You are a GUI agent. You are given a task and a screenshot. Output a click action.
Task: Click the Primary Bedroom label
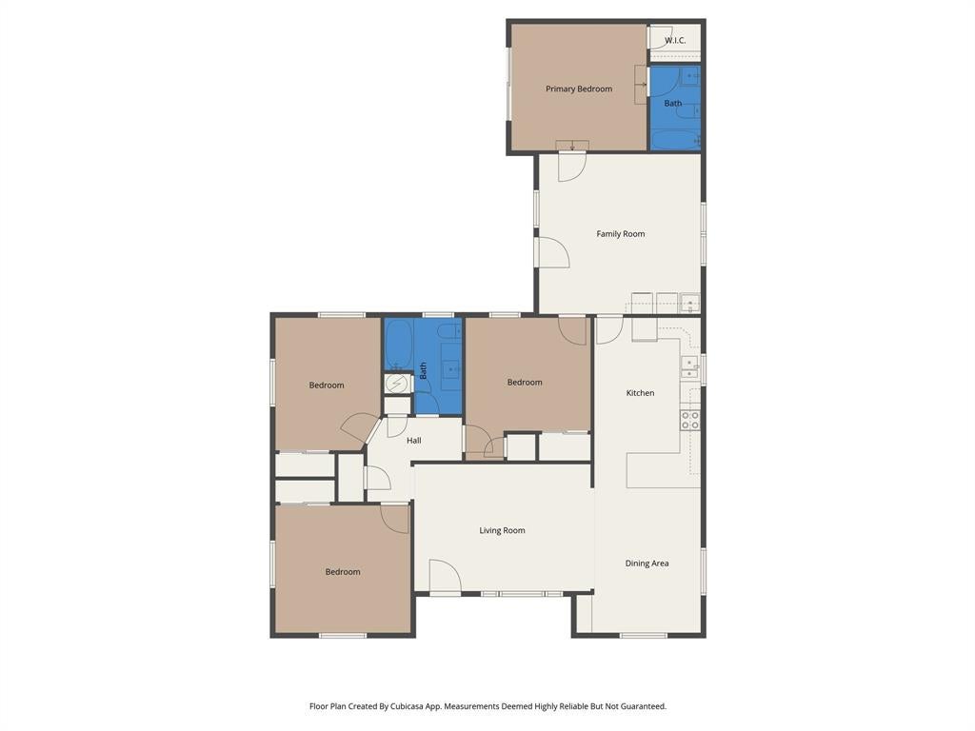coord(579,89)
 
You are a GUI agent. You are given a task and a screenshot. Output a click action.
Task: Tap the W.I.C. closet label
coord(675,40)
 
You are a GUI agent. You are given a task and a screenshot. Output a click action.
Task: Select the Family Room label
coord(621,234)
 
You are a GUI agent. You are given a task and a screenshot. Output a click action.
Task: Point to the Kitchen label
coord(640,393)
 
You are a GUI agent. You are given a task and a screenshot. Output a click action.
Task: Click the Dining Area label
coord(647,563)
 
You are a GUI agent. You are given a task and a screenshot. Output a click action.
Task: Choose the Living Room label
coord(502,530)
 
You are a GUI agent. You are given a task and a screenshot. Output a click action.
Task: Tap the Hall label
coord(413,440)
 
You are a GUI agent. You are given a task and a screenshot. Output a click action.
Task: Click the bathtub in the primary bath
coord(675,139)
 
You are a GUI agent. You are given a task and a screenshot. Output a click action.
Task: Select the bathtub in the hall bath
coord(398,345)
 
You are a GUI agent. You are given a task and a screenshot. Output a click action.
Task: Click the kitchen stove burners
coord(689,420)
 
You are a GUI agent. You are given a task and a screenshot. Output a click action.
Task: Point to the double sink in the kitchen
coord(689,367)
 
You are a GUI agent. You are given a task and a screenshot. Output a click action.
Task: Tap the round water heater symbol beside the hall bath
coord(396,385)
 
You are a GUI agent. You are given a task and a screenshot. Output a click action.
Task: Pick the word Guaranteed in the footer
coord(645,706)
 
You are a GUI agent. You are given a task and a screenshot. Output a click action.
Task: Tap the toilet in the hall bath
coord(448,330)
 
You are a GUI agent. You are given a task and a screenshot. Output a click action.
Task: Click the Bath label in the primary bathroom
coord(673,103)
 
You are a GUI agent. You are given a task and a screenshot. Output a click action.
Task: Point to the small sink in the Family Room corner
coord(689,304)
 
